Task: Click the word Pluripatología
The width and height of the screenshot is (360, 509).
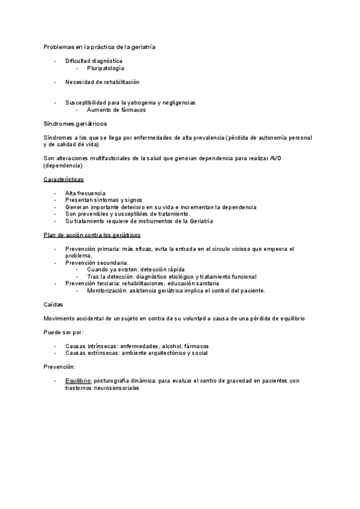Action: click(x=106, y=68)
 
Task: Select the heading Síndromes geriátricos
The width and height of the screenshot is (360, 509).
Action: click(x=75, y=124)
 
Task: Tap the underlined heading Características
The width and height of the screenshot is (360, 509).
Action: click(x=64, y=179)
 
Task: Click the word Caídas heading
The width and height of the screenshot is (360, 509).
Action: click(x=54, y=304)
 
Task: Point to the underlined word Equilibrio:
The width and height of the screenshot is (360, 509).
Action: click(x=79, y=381)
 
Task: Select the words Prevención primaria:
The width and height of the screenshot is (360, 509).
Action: click(x=94, y=248)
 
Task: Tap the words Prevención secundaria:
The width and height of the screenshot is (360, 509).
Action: click(x=97, y=262)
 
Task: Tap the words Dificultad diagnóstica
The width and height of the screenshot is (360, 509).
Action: click(x=94, y=61)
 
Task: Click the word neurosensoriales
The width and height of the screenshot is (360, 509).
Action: click(x=117, y=388)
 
